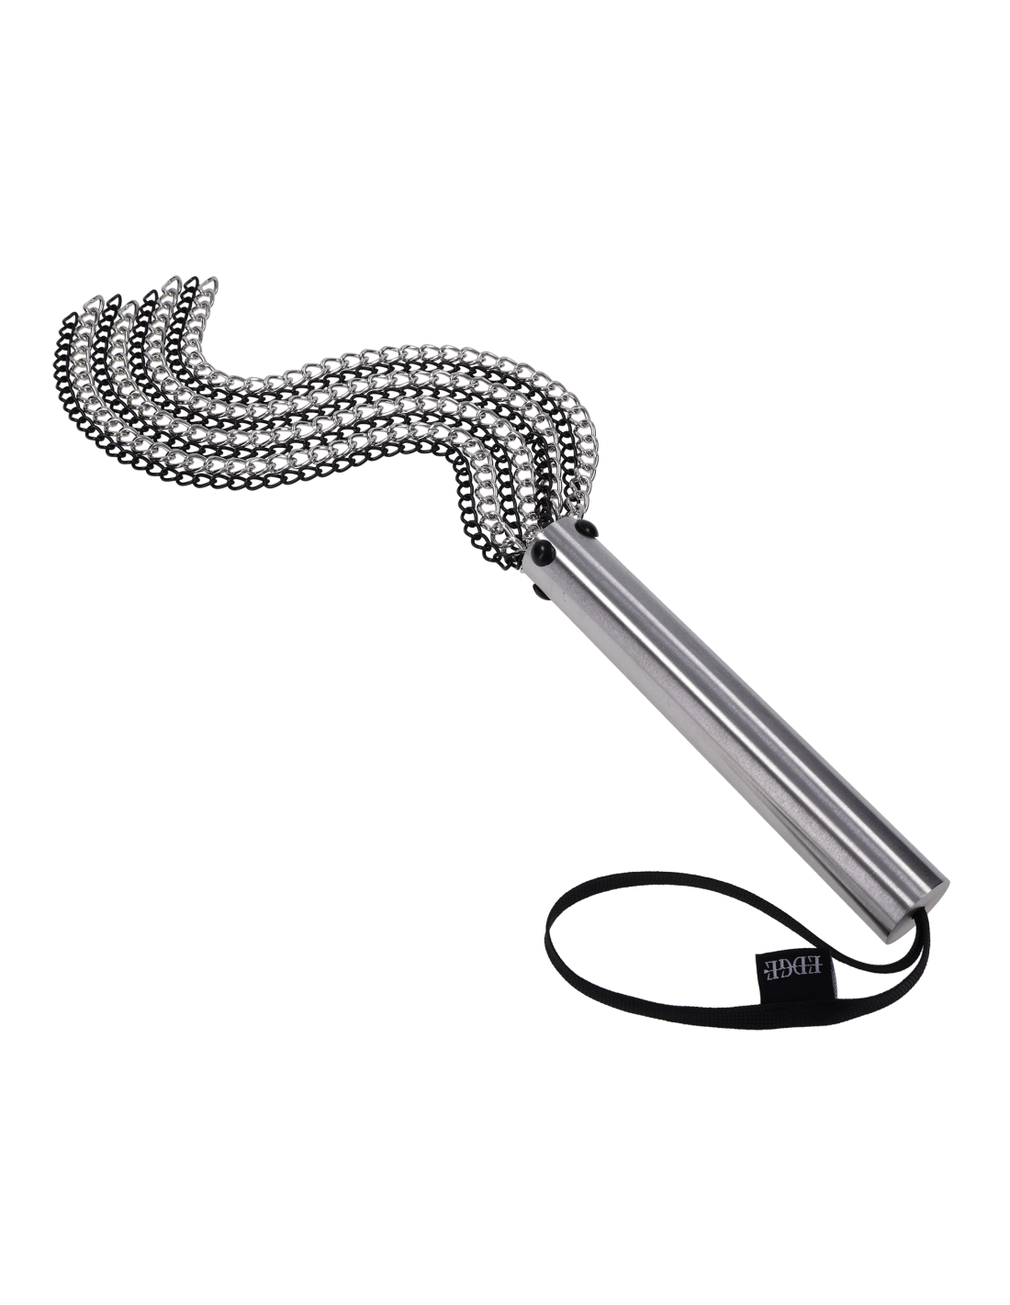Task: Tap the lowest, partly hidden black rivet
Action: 538,592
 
